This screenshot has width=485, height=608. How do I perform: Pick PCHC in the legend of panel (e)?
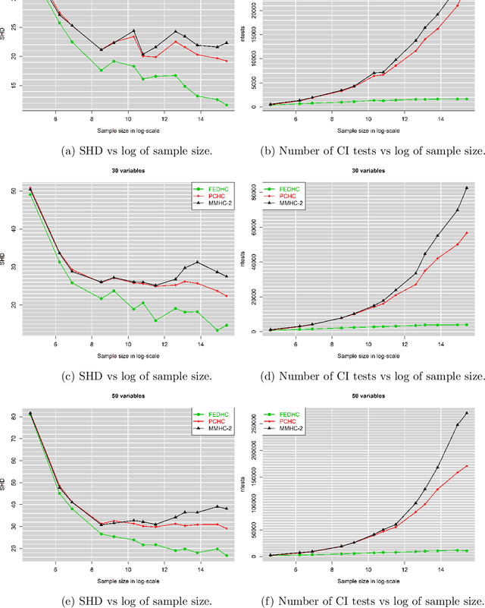click(213, 422)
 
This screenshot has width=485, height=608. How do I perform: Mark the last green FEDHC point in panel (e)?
click(226, 556)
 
